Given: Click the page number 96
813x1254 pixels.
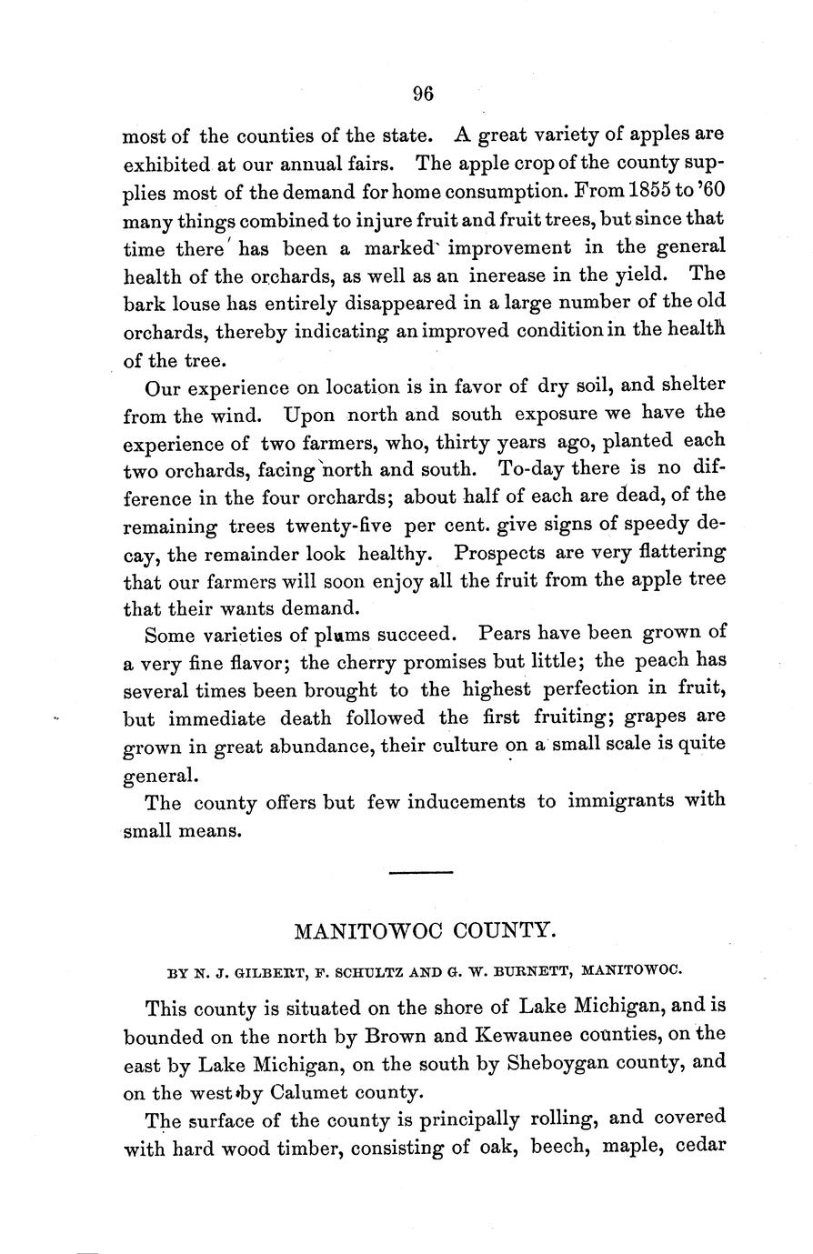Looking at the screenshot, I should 424,93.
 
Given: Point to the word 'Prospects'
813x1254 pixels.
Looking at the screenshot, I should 498,552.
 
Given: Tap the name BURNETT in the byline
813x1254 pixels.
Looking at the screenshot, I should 530,969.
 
